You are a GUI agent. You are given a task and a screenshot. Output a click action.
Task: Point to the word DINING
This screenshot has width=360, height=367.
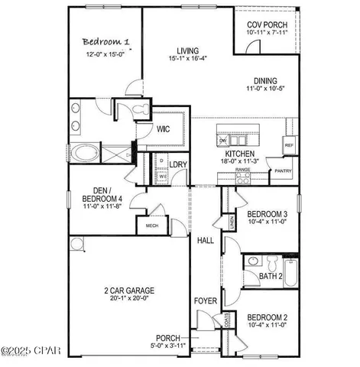pyautogui.click(x=266, y=81)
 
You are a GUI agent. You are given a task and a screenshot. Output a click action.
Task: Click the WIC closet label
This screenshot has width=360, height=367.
pyautogui.click(x=163, y=129)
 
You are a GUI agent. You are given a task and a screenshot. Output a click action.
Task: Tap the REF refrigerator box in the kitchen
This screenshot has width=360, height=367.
pyautogui.click(x=289, y=145)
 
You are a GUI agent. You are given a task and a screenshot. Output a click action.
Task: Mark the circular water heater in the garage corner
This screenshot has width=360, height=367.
pyautogui.click(x=77, y=245)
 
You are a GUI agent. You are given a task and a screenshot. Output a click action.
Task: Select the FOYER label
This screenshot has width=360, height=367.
pyautogui.click(x=205, y=300)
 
